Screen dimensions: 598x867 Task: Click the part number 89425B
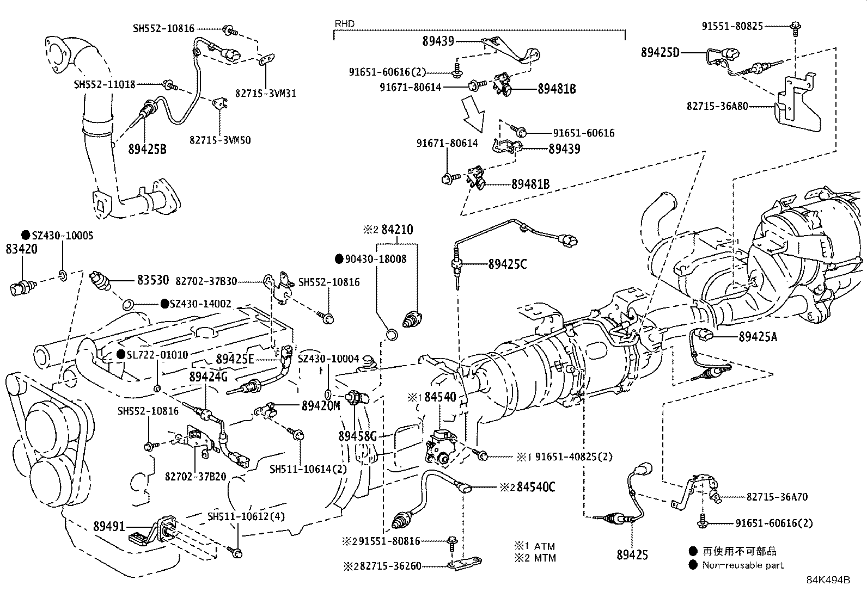pyautogui.click(x=147, y=149)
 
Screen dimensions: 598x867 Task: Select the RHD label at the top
pyautogui.click(x=344, y=24)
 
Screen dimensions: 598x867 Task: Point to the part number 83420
pyautogui.click(x=22, y=249)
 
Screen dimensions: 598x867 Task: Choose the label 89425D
pyautogui.click(x=661, y=53)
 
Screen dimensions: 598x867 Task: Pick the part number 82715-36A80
pyautogui.click(x=717, y=106)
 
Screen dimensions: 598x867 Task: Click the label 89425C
pyautogui.click(x=507, y=264)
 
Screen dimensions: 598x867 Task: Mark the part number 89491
pyautogui.click(x=109, y=527)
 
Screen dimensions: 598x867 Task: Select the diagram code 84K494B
pyautogui.click(x=828, y=580)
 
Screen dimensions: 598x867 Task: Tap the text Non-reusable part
pyautogui.click(x=743, y=565)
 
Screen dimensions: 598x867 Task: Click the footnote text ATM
pyautogui.click(x=544, y=546)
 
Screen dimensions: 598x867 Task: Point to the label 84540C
pyautogui.click(x=536, y=487)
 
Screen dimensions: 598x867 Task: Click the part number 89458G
pyautogui.click(x=357, y=436)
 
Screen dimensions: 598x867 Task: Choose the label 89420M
pyautogui.click(x=321, y=405)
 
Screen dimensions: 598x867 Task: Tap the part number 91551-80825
pyautogui.click(x=732, y=26)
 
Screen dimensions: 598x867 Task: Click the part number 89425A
pyautogui.click(x=758, y=337)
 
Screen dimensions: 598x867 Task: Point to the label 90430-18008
pyautogui.click(x=375, y=259)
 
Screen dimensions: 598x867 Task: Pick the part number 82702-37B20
pyautogui.click(x=195, y=476)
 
